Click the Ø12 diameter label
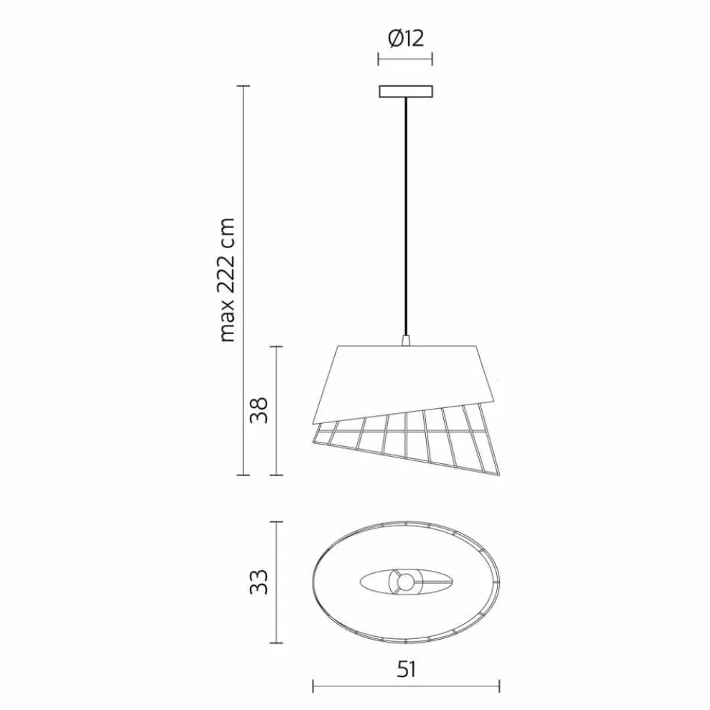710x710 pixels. click(406, 38)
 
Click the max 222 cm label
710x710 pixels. click(227, 280)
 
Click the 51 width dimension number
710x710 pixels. click(406, 670)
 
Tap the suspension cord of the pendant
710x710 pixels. click(406, 215)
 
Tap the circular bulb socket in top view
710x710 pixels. click(406, 582)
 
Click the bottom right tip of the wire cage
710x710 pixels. click(498, 473)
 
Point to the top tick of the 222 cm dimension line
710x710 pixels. click(243, 85)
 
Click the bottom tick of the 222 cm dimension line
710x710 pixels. click(243, 475)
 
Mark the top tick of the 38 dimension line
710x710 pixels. click(277, 346)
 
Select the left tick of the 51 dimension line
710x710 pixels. click(313, 688)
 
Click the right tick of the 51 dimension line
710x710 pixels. click(499, 688)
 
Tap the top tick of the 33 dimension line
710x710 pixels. click(277, 522)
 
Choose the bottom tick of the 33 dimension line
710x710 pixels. click(277, 642)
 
